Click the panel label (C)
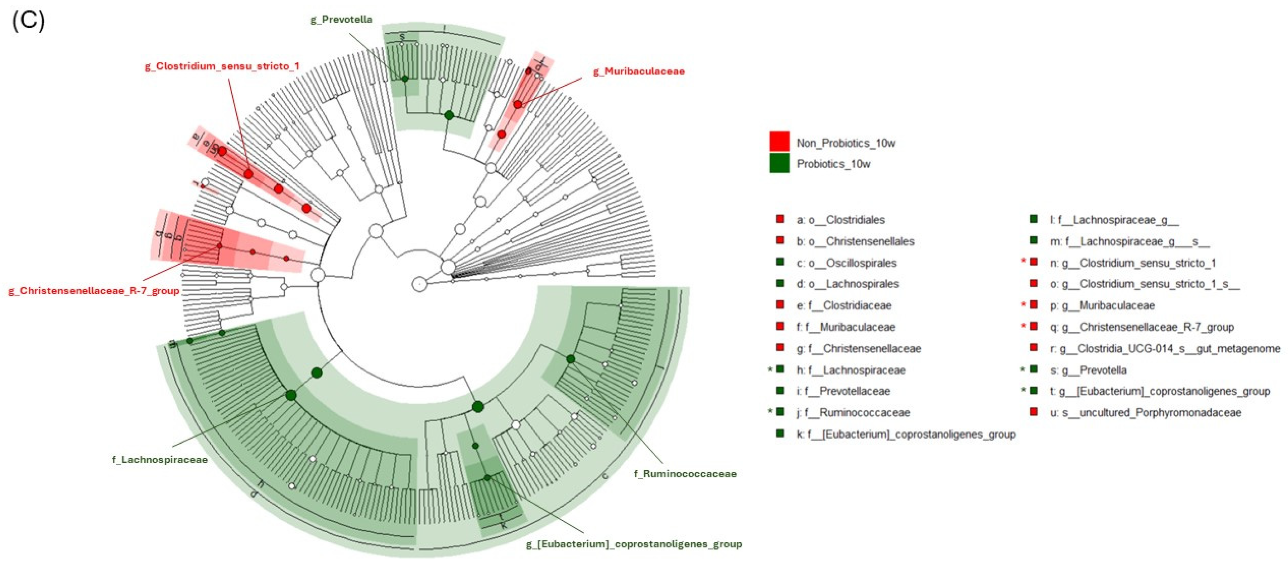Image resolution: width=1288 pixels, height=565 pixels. coord(28,21)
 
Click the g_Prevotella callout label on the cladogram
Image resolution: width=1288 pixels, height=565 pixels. coord(342,20)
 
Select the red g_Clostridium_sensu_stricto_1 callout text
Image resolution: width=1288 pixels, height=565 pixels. coord(222,66)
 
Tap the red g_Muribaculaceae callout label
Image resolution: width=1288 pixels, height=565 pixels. coord(639,71)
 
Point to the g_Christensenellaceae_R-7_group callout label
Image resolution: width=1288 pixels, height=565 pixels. coord(94,291)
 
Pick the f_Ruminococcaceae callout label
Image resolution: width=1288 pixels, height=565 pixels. coord(685,474)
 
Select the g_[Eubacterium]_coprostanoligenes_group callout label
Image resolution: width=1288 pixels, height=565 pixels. coord(634,544)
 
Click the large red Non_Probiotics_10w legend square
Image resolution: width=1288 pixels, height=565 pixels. coord(779,141)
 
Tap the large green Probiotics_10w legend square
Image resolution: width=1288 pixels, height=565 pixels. coord(779,163)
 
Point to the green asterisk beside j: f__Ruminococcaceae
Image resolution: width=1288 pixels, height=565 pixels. coord(770,412)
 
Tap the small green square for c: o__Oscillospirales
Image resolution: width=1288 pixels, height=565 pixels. coord(779,262)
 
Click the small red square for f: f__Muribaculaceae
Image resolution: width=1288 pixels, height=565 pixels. coord(779,326)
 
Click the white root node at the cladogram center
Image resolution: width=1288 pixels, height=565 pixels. coord(419,284)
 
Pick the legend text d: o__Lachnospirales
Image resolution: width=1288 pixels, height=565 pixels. coord(848,284)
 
